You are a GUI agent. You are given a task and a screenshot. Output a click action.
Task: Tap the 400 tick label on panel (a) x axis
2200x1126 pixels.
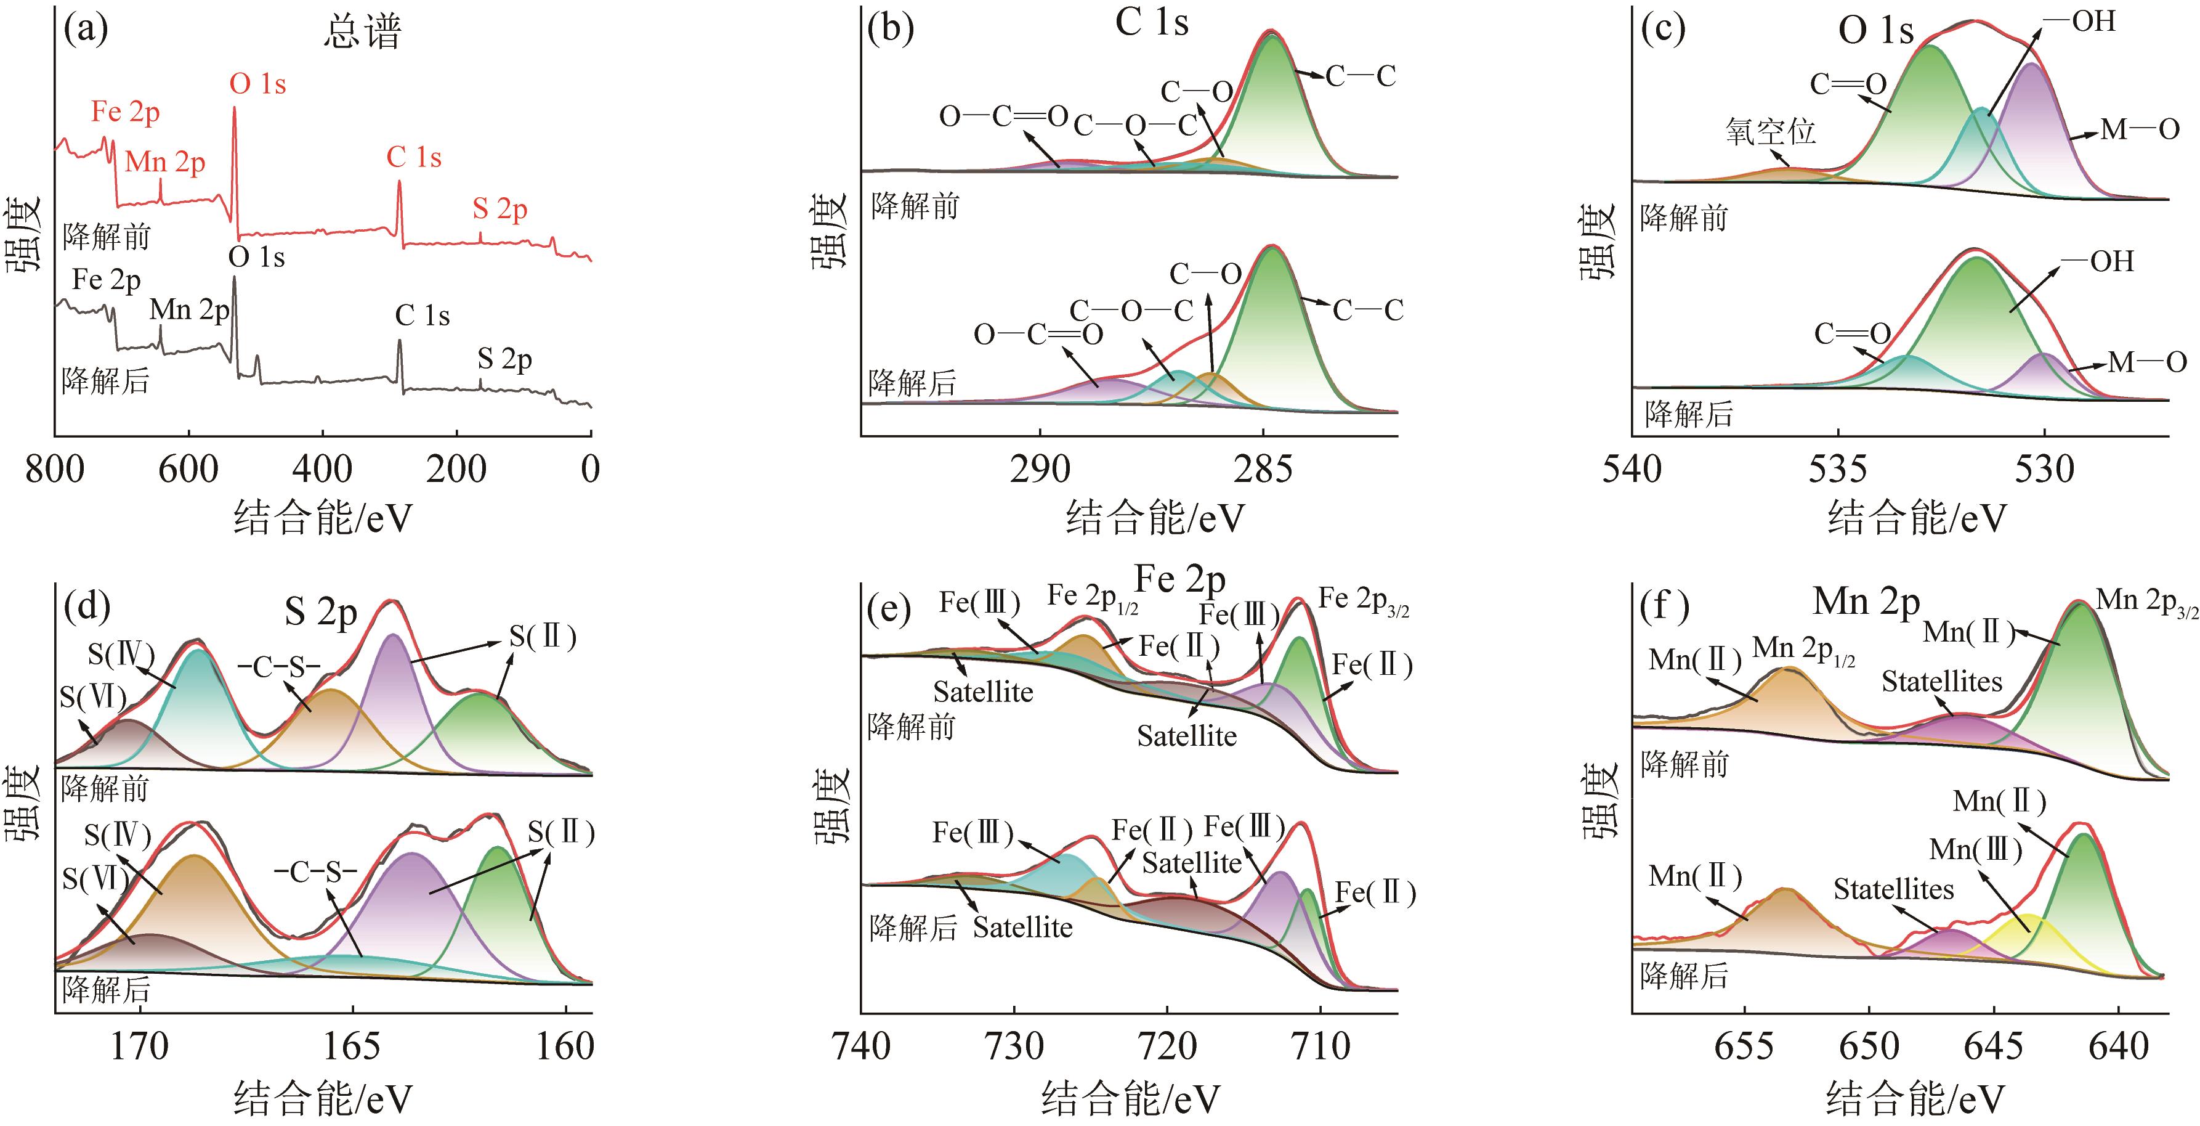tap(322, 469)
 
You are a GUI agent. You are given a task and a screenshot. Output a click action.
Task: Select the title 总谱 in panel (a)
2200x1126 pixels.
tap(362, 33)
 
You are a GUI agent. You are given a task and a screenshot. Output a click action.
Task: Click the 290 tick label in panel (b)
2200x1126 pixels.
tap(1040, 469)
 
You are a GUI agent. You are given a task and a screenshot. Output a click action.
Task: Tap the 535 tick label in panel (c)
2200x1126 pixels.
tap(1838, 469)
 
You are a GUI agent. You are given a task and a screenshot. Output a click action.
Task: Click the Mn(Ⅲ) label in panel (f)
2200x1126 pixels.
tap(1975, 850)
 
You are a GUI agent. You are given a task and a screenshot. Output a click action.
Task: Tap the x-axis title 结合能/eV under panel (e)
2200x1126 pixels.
tap(1130, 1099)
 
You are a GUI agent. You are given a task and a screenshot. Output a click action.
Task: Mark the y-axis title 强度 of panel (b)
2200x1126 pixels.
tap(829, 231)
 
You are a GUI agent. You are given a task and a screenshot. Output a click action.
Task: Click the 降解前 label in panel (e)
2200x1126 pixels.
tap(910, 727)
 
